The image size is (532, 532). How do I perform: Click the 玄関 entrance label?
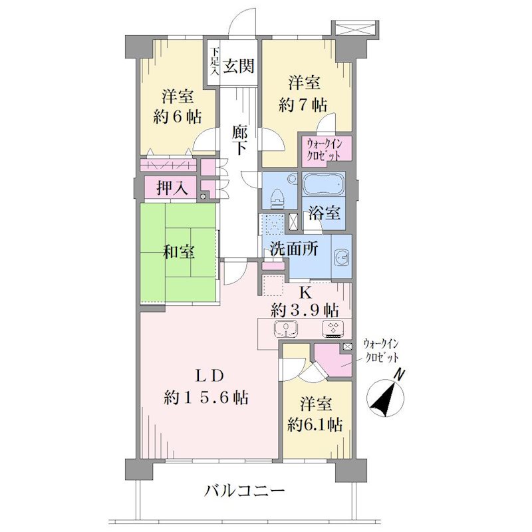[x=239, y=65]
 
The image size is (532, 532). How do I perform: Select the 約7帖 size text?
[x=303, y=105]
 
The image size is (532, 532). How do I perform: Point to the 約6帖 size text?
[x=177, y=117]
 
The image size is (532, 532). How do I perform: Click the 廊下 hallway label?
[x=239, y=140]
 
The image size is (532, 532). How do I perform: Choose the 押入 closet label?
[x=172, y=188]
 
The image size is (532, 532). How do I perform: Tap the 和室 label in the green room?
[x=179, y=252]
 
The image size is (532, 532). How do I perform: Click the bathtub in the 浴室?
[x=324, y=184]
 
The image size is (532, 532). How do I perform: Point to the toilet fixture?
[x=278, y=199]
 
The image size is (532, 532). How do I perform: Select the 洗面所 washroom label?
[x=294, y=249]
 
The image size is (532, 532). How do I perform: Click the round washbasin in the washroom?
[x=341, y=258]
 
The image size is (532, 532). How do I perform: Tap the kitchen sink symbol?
[x=286, y=329]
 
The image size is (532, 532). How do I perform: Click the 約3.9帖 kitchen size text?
[x=305, y=309]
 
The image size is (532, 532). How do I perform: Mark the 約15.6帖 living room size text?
[x=206, y=397]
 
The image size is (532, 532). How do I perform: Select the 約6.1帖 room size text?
[x=315, y=424]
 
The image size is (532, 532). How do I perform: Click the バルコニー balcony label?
[x=244, y=491]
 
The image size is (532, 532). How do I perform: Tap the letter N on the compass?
[x=400, y=375]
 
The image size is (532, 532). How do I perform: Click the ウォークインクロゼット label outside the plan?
[x=380, y=350]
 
